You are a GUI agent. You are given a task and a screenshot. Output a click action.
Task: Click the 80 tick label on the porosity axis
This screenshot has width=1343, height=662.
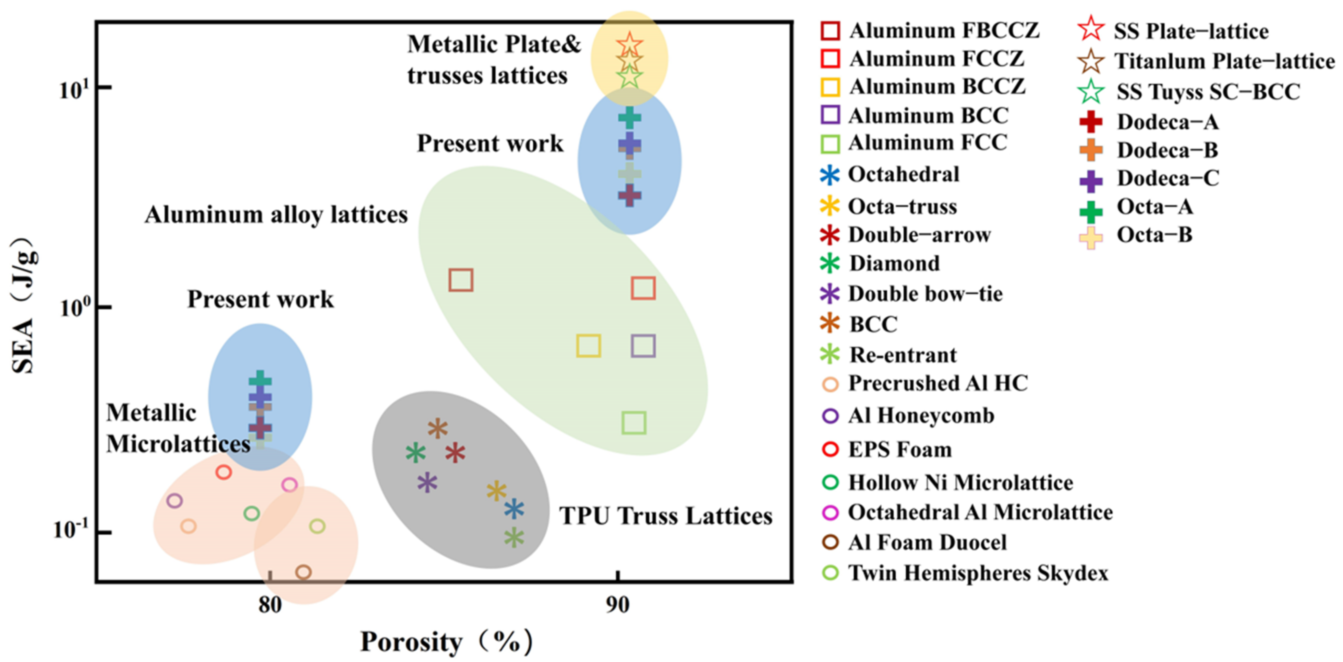pyautogui.click(x=270, y=605)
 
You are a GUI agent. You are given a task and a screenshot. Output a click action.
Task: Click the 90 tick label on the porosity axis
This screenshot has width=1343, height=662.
pyautogui.click(x=618, y=605)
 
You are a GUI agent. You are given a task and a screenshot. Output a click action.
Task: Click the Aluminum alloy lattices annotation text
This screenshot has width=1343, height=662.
pyautogui.click(x=276, y=215)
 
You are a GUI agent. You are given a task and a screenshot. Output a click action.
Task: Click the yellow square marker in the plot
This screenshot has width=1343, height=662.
pyautogui.click(x=588, y=346)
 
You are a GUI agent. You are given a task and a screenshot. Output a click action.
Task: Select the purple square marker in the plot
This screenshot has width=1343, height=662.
pyautogui.click(x=643, y=346)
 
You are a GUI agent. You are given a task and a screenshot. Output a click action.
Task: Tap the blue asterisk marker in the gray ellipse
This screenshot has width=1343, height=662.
pyautogui.click(x=514, y=509)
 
